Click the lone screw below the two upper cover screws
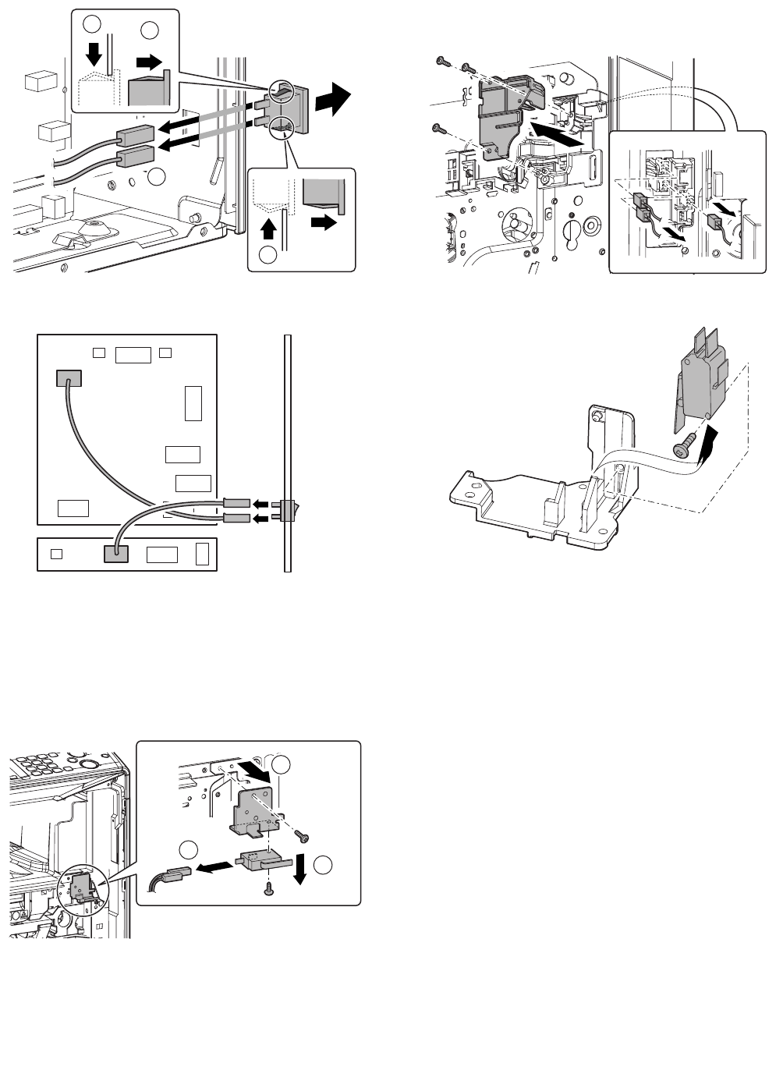click(437, 128)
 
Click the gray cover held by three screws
click(503, 117)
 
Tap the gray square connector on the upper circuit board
click(69, 378)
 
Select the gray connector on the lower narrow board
click(115, 554)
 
